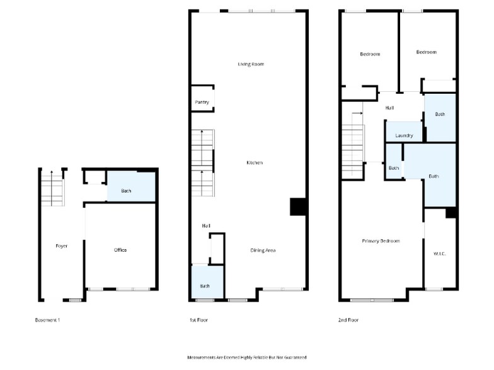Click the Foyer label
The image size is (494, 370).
pos(61,246)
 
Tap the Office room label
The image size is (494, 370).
pos(120,250)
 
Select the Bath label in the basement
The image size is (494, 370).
pos(127,190)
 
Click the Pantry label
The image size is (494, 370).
pos(202,102)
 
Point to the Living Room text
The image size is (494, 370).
pos(250,64)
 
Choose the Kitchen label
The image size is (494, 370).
pos(255,163)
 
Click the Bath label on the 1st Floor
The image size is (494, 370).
pos(205,286)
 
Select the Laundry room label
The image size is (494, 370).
pos(404,135)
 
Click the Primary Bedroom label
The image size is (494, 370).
pos(381,241)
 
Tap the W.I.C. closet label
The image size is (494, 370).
pos(439,254)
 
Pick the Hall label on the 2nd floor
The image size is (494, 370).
pos(389,108)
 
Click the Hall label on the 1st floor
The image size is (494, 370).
pos(205,225)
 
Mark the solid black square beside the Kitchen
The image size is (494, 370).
pos(297,207)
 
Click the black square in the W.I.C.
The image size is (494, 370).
pos(451,213)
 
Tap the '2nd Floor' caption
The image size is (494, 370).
pos(349,320)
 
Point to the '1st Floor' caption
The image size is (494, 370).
pos(198,320)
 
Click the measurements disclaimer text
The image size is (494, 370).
pos(247,356)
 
